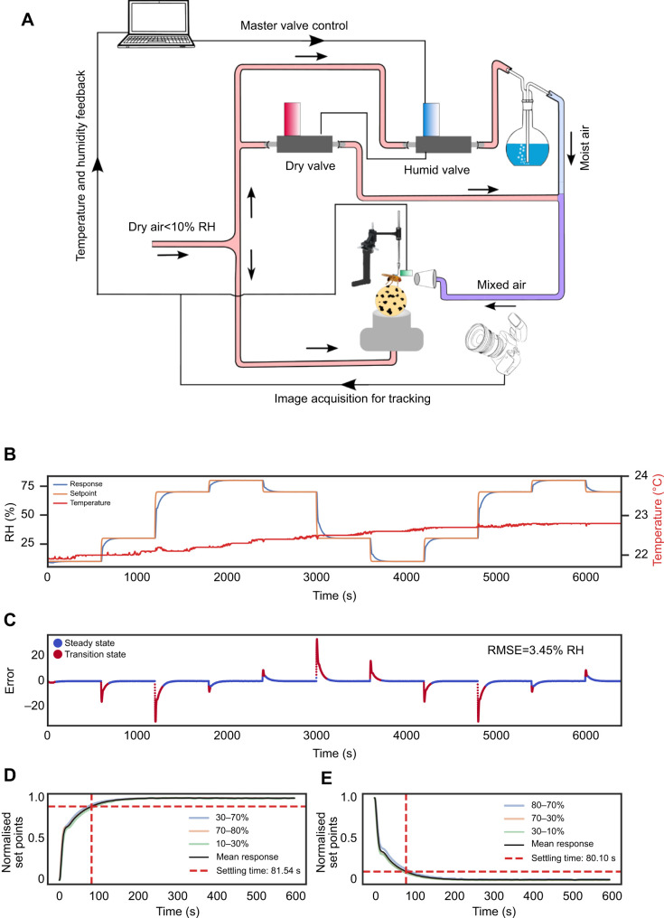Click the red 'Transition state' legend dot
point(58,656)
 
